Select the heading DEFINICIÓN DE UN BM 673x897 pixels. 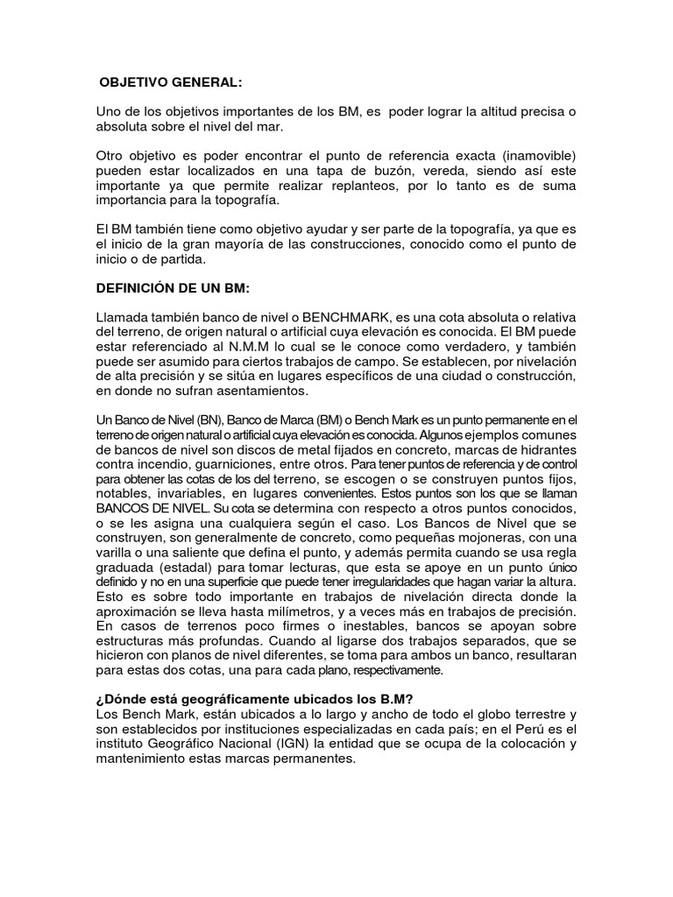(176, 287)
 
